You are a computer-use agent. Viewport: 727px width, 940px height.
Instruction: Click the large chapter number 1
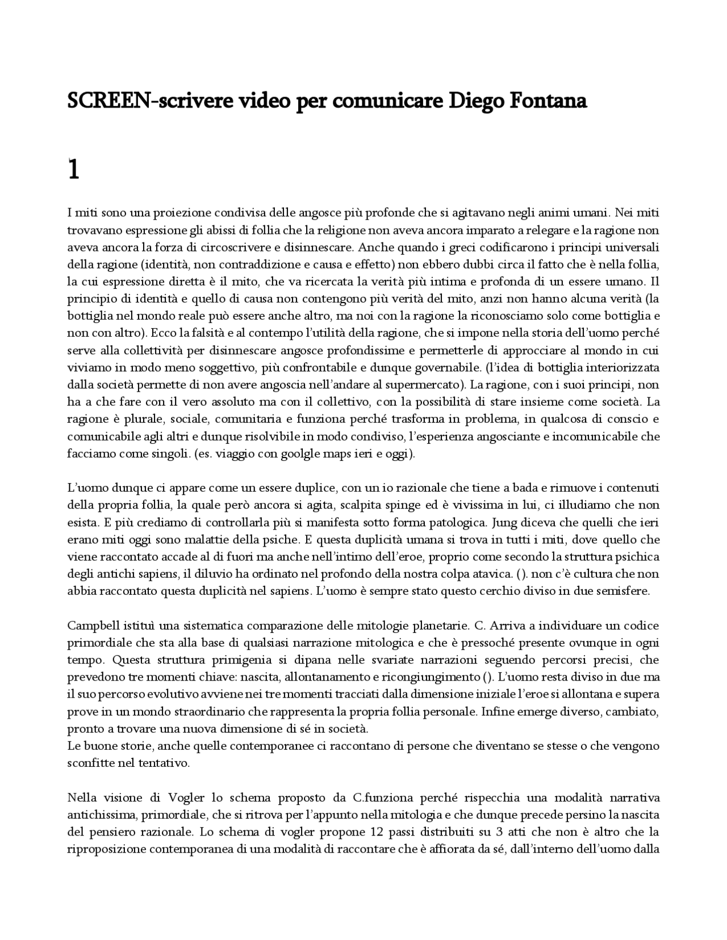click(73, 169)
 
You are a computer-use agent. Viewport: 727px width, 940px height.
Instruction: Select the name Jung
click(503, 522)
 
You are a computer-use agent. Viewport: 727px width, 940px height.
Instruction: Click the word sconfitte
click(90, 763)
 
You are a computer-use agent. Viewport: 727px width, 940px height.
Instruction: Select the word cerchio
click(485, 590)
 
